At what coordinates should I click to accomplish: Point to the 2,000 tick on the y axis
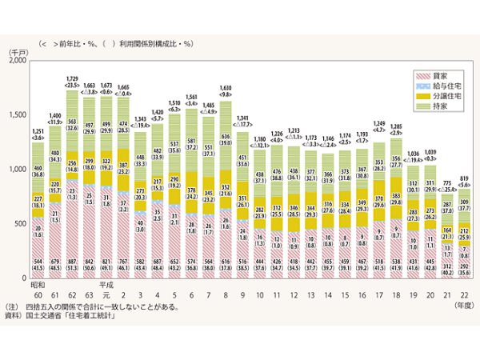(x=18, y=62)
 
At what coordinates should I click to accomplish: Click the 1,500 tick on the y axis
(x=18, y=115)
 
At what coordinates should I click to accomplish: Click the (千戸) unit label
(x=19, y=51)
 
